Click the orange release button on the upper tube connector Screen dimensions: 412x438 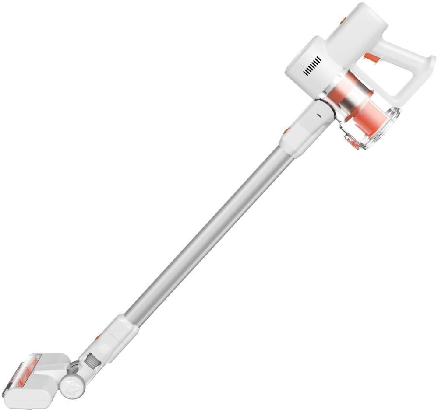click(x=286, y=130)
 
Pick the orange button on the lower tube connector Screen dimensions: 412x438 click(x=99, y=337)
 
